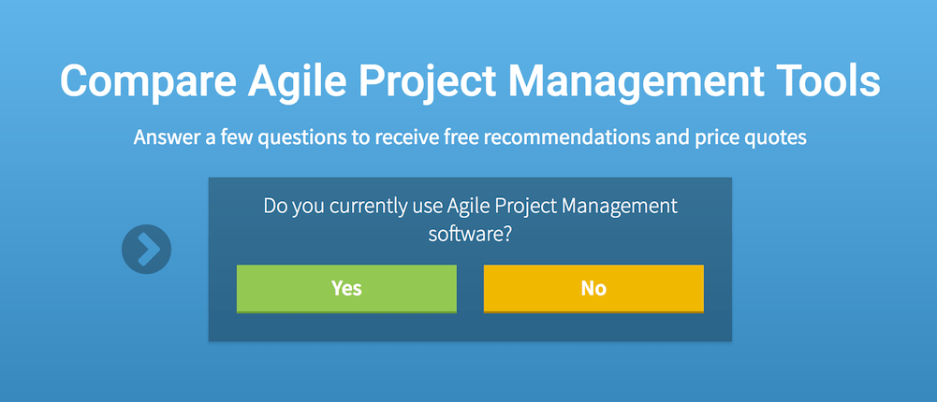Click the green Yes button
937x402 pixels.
[x=346, y=289]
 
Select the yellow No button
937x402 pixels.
[x=593, y=289]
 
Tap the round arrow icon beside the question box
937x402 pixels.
[x=146, y=250]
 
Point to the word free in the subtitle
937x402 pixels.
[x=461, y=137]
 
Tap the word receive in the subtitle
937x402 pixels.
[x=405, y=137]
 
